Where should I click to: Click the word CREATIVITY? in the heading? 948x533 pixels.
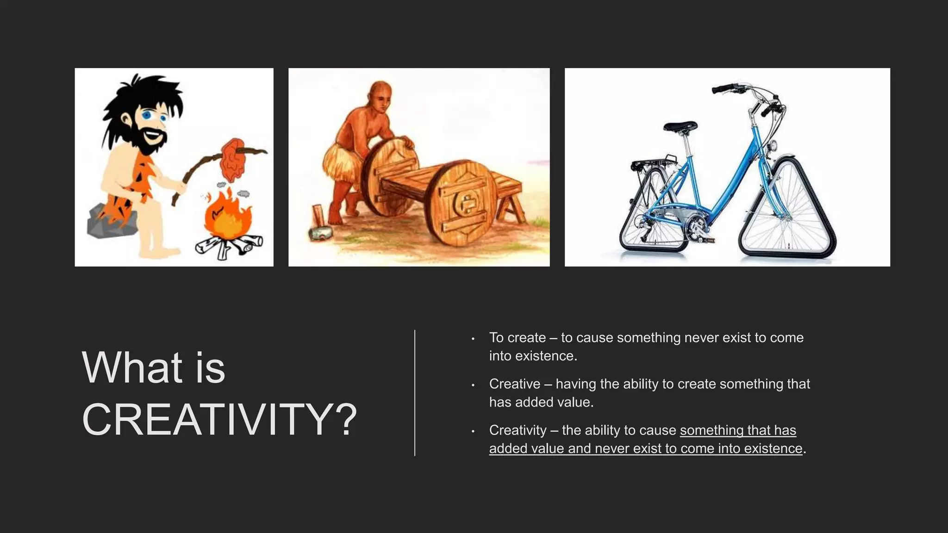pyautogui.click(x=218, y=419)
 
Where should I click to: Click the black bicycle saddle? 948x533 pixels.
pyautogui.click(x=680, y=126)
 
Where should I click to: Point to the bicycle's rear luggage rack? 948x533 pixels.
pyautogui.click(x=653, y=162)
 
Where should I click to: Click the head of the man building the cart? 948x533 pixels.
pyautogui.click(x=380, y=97)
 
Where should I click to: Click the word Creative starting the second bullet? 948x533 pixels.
pyautogui.click(x=515, y=384)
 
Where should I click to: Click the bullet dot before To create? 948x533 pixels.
pyautogui.click(x=473, y=339)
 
